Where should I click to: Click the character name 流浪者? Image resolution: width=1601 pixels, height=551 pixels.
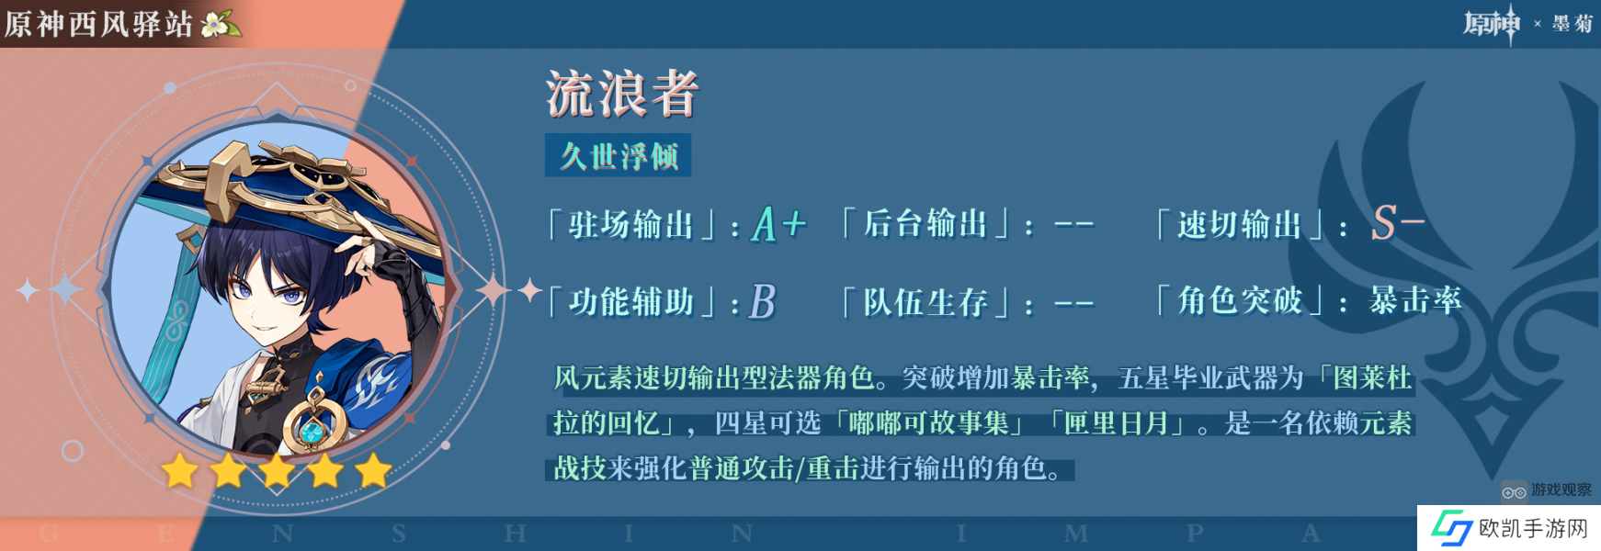pyautogui.click(x=623, y=94)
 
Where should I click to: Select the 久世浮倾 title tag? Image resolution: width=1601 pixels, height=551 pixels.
pyautogui.click(x=619, y=155)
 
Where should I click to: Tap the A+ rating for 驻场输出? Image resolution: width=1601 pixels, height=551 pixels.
pyautogui.click(x=779, y=224)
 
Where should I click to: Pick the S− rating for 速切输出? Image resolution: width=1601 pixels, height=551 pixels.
pyautogui.click(x=1398, y=223)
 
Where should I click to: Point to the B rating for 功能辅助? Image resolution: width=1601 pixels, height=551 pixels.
pyautogui.click(x=764, y=301)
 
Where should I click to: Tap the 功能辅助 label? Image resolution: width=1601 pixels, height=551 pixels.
pyautogui.click(x=630, y=302)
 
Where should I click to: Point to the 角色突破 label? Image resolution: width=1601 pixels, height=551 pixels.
pyautogui.click(x=1240, y=301)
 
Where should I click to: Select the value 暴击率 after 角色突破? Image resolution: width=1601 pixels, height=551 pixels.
pyautogui.click(x=1415, y=300)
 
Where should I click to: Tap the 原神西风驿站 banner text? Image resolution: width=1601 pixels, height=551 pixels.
pyautogui.click(x=98, y=24)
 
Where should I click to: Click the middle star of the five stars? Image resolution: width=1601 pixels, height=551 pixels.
pyautogui.click(x=277, y=471)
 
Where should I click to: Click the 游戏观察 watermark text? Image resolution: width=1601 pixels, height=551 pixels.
pyautogui.click(x=1561, y=490)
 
